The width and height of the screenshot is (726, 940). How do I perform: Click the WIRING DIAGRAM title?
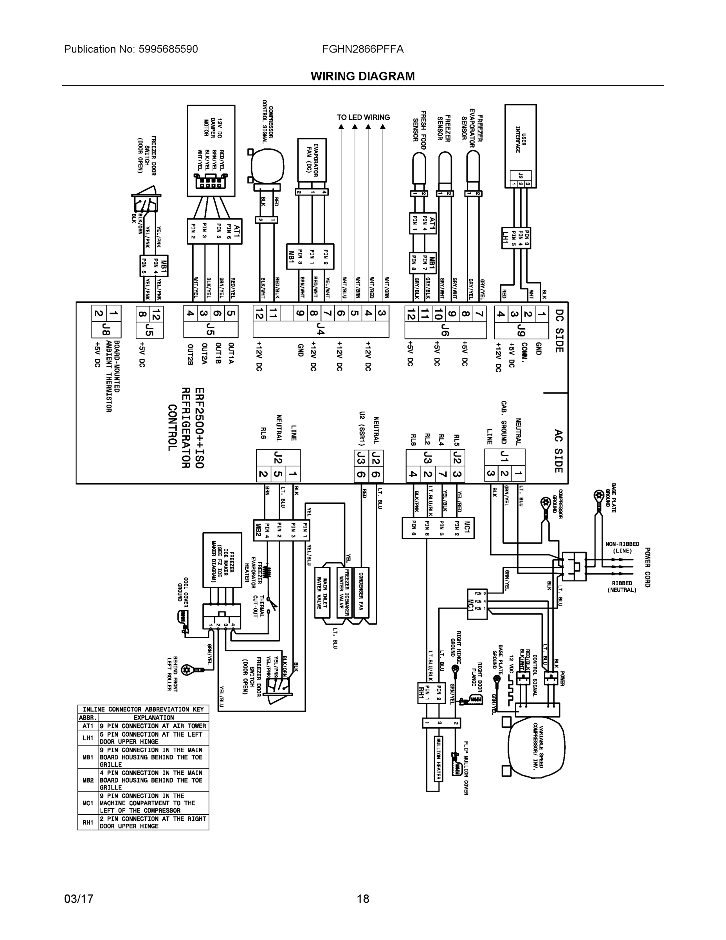362,76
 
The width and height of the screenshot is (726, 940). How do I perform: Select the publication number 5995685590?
168,49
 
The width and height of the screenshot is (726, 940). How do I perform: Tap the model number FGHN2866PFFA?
362,49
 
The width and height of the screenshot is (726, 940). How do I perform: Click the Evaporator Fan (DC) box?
312,160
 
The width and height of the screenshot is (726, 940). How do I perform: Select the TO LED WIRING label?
363,117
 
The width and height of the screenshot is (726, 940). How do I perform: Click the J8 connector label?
106,330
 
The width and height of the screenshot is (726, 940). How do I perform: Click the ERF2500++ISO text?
199,428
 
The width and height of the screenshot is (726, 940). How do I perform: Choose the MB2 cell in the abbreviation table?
88,780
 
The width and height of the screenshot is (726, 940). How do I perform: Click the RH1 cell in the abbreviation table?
88,822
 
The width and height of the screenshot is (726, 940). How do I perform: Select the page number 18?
362,899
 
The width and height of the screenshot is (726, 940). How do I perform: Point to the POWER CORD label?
647,567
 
